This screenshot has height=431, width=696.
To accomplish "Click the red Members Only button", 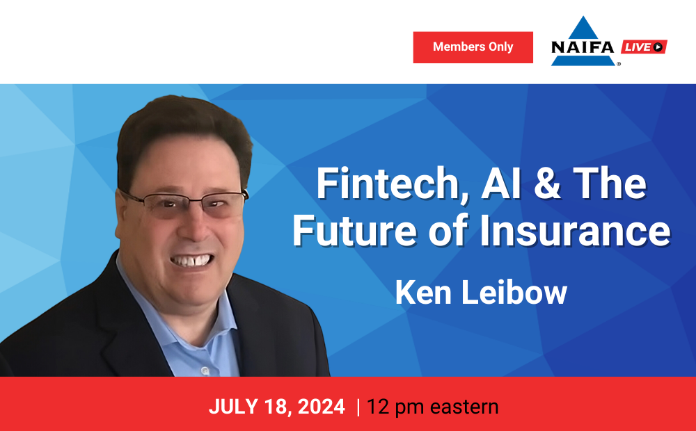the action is coord(473,47).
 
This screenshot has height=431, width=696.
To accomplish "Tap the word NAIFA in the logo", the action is coord(583,47).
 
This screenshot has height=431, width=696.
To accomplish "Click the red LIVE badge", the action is coord(644,47).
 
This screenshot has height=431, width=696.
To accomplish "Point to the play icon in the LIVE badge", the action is coord(658,47).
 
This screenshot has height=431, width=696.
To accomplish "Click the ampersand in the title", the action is coord(547,183).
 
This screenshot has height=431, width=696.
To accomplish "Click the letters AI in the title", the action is coord(500,183).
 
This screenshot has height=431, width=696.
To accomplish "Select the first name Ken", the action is coord(423,293).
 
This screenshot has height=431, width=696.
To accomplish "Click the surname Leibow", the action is coord(514,293).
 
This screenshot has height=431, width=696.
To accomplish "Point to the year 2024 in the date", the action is coord(322,407).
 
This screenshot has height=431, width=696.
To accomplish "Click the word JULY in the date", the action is coord(233,407).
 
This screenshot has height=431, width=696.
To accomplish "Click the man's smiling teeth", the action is coord(192,260).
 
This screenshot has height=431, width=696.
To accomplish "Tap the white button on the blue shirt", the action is coord(205,371).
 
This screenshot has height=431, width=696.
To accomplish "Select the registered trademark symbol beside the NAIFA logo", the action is coord(619,64).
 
